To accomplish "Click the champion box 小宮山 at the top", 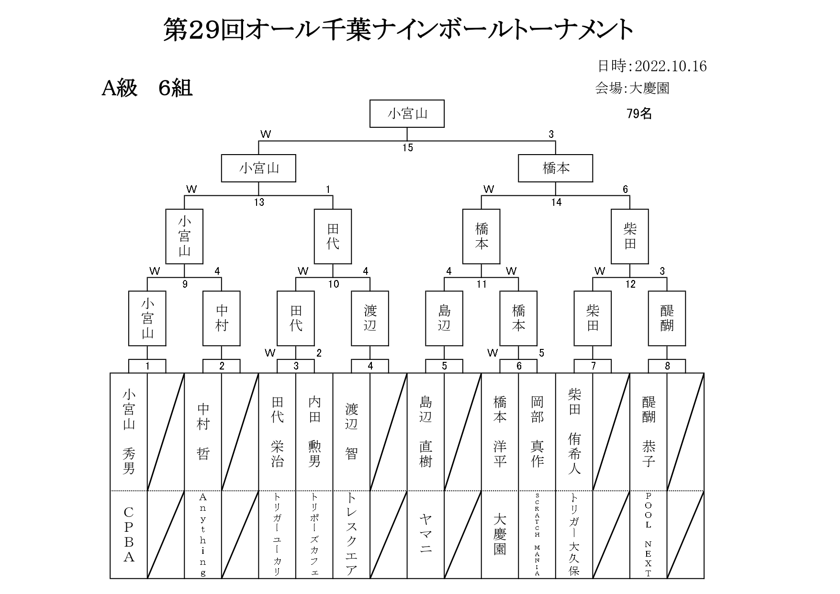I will pyautogui.click(x=407, y=113).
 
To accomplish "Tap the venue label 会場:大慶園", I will pyautogui.click(x=632, y=88).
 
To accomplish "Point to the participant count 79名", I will pyautogui.click(x=639, y=113).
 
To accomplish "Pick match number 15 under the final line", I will pyautogui.click(x=407, y=148).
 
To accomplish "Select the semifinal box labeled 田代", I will pyautogui.click(x=333, y=236).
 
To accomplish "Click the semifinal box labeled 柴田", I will pyautogui.click(x=630, y=236).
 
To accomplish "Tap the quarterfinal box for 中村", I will pyautogui.click(x=222, y=318).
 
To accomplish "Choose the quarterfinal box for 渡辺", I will pyautogui.click(x=370, y=318).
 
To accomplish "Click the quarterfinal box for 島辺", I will pyautogui.click(x=444, y=318).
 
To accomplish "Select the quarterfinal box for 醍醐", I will pyautogui.click(x=667, y=318).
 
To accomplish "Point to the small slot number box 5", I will pyautogui.click(x=444, y=367).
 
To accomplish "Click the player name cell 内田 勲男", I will pyautogui.click(x=314, y=431).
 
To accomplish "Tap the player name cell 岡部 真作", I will pyautogui.click(x=537, y=431).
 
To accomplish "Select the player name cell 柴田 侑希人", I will pyautogui.click(x=574, y=431).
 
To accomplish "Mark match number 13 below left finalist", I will pyautogui.click(x=259, y=202).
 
